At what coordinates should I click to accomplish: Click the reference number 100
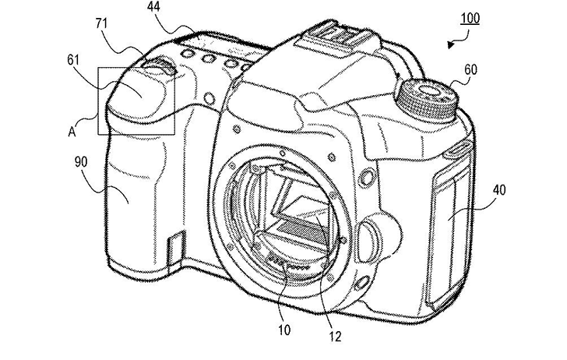470,18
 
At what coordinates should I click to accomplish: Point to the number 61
72,60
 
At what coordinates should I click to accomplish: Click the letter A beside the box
72,132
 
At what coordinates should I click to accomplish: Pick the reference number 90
81,162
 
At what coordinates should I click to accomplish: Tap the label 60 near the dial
470,70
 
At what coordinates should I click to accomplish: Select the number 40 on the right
498,190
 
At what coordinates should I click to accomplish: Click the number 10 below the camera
284,330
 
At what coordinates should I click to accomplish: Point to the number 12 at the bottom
335,337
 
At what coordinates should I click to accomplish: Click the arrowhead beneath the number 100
450,44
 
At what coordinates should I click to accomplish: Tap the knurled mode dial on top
427,99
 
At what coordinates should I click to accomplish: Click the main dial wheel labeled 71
159,66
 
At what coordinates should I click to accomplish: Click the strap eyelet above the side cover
456,149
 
